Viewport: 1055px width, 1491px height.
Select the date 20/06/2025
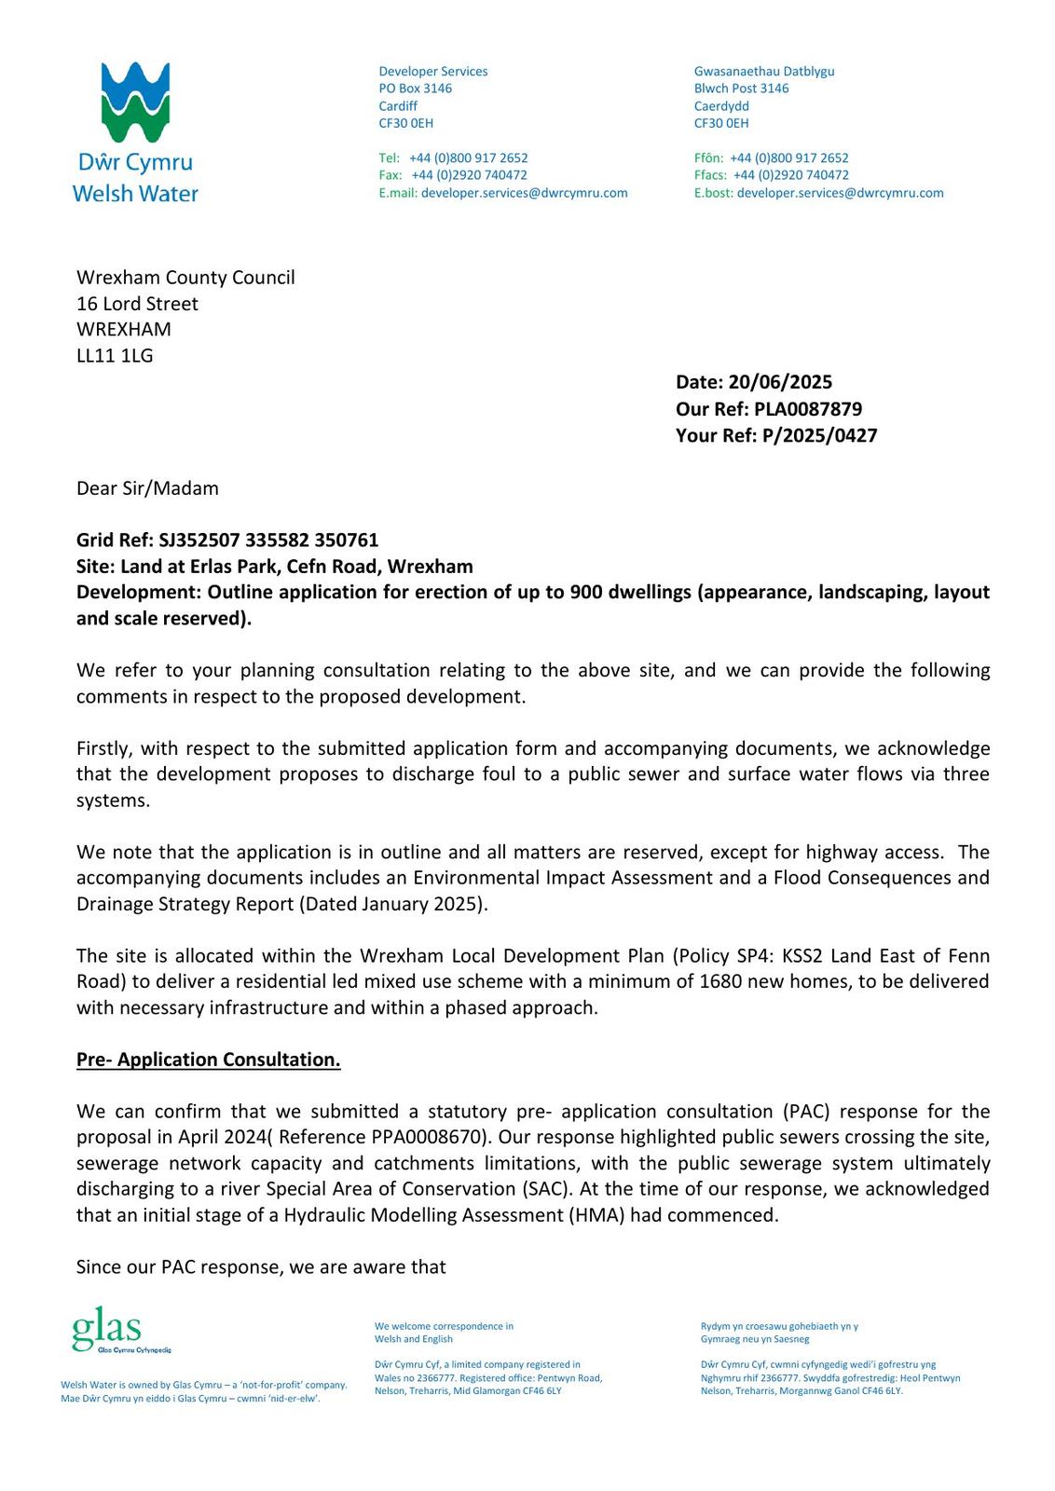tap(780, 382)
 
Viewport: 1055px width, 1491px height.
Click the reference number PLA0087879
tap(808, 409)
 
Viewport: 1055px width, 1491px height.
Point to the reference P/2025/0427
tap(819, 435)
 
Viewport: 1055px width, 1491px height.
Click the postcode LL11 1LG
tap(115, 355)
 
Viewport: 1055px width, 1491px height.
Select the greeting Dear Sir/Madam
tap(147, 488)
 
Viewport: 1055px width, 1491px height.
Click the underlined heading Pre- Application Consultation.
tap(208, 1060)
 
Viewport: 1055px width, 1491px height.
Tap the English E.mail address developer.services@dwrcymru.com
tap(524, 193)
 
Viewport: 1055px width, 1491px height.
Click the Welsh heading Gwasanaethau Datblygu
tap(764, 71)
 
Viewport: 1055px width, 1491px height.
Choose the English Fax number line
tap(453, 175)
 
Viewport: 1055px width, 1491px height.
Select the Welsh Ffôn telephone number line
tap(771, 157)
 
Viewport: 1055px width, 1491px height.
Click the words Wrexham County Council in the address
tap(185, 278)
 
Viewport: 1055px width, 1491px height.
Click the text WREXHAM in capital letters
tap(124, 329)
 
